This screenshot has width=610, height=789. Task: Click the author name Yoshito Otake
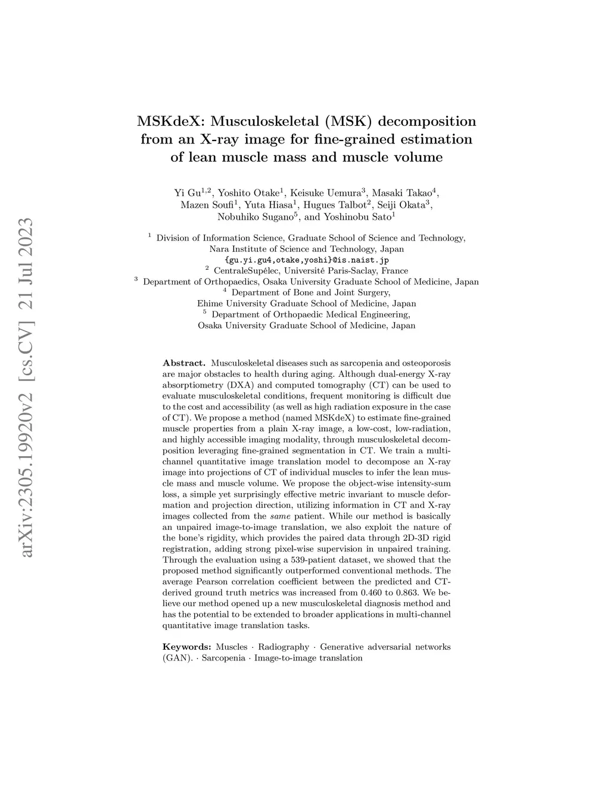[x=249, y=192]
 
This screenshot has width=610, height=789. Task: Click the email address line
[x=307, y=260]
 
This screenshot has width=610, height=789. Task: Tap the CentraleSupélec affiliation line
[x=310, y=271]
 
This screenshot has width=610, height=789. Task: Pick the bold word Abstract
[x=184, y=363]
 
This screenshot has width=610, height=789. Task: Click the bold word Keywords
[x=186, y=647]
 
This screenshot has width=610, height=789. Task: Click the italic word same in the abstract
[x=279, y=516]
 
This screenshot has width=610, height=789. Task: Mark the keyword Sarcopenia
[x=223, y=658]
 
